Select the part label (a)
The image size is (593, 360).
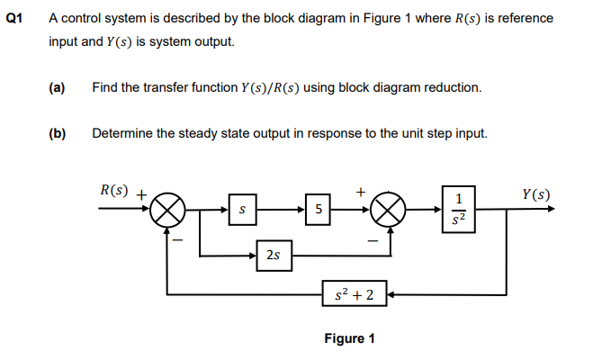pyautogui.click(x=58, y=88)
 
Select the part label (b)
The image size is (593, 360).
pyautogui.click(x=58, y=134)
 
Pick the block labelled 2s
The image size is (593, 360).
pyautogui.click(x=273, y=256)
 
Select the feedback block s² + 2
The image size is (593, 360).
pyautogui.click(x=355, y=293)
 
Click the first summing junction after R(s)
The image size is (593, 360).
pyautogui.click(x=168, y=210)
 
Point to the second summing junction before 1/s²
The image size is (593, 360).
pyautogui.click(x=388, y=210)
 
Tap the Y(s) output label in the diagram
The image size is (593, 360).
pyautogui.click(x=535, y=194)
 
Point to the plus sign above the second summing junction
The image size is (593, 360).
pyautogui.click(x=361, y=191)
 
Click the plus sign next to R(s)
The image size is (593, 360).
pyautogui.click(x=141, y=193)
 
